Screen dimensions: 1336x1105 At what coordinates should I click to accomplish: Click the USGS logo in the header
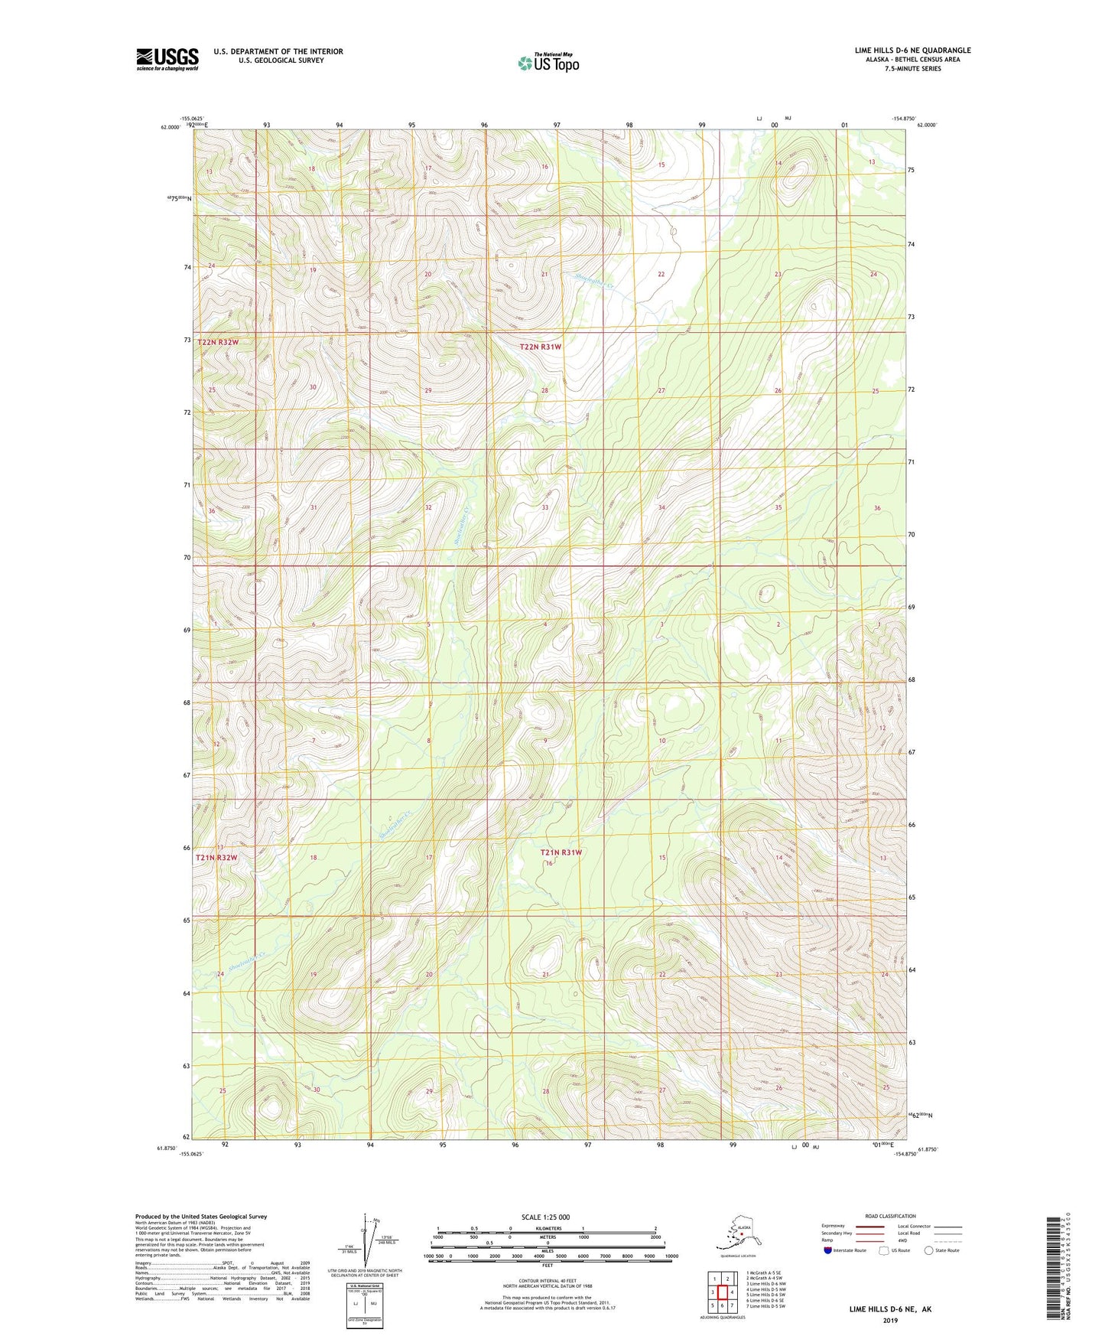pyautogui.click(x=167, y=59)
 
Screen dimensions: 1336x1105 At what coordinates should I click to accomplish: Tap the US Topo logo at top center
pyautogui.click(x=548, y=62)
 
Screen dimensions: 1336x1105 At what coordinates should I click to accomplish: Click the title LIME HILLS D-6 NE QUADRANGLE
pyautogui.click(x=912, y=51)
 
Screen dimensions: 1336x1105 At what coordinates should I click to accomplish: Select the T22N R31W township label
pyautogui.click(x=541, y=347)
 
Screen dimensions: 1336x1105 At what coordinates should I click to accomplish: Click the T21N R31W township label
pyautogui.click(x=561, y=852)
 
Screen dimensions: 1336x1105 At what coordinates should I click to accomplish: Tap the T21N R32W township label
pyautogui.click(x=216, y=858)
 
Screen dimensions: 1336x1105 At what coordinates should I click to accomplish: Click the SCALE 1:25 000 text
pyautogui.click(x=546, y=1217)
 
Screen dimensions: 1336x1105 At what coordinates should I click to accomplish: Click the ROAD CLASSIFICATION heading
pyautogui.click(x=890, y=1216)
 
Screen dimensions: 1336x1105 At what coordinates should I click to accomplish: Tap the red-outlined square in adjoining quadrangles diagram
pyautogui.click(x=722, y=1292)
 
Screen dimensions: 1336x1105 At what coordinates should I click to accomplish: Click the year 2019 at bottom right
pyautogui.click(x=890, y=1320)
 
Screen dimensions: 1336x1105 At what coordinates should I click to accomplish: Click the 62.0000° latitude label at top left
pyautogui.click(x=171, y=128)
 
